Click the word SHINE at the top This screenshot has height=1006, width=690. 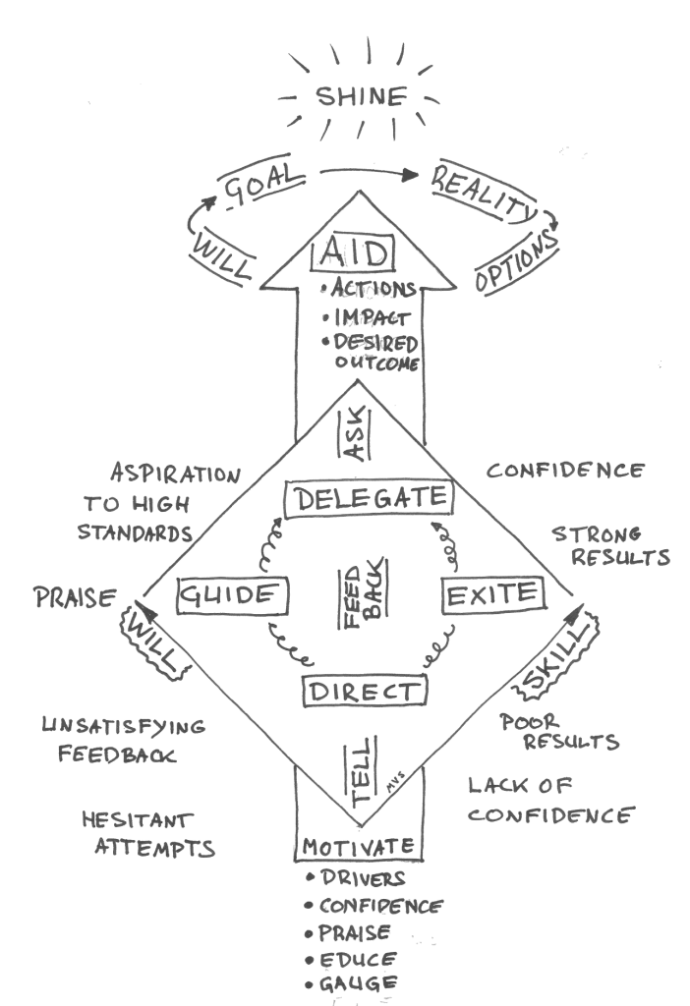click(x=360, y=96)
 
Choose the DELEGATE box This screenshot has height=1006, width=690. click(x=369, y=498)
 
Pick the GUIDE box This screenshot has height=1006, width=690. click(x=235, y=595)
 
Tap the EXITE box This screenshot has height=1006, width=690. click(x=492, y=593)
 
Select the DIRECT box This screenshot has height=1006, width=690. click(x=364, y=692)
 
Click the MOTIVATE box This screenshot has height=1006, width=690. click(x=359, y=847)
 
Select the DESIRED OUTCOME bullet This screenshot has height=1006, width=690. click(x=375, y=352)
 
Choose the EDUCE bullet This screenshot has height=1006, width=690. click(x=351, y=958)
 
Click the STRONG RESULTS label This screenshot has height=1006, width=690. click(x=610, y=546)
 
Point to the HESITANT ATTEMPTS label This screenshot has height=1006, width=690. click(x=148, y=834)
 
